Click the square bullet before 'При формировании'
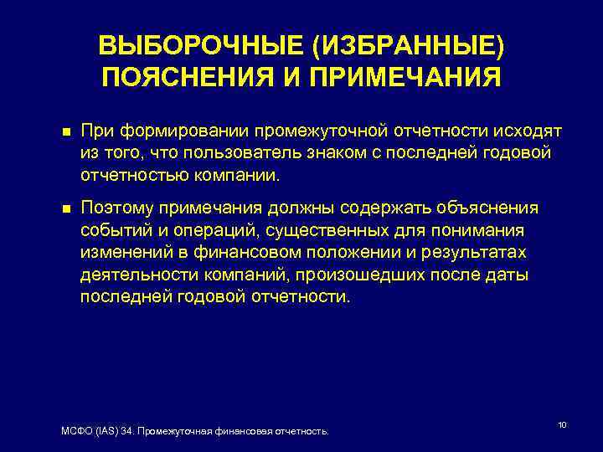(x=55, y=131)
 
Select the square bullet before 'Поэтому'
(x=55, y=208)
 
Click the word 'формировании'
(x=183, y=131)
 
